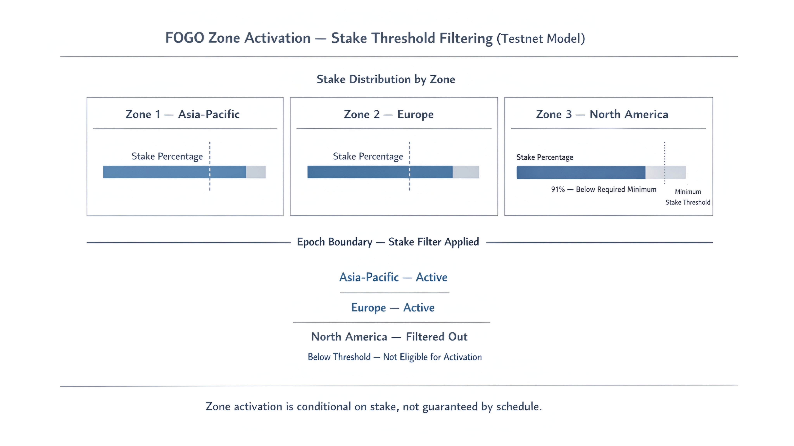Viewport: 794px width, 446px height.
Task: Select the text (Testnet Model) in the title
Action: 541,39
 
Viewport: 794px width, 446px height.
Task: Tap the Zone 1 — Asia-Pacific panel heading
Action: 182,114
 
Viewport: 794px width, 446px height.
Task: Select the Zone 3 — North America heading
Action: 602,114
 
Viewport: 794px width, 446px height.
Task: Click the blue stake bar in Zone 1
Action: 174,172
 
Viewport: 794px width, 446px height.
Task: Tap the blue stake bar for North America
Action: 581,173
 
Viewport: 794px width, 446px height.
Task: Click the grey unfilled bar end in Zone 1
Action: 256,172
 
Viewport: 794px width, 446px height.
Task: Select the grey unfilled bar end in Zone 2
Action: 466,172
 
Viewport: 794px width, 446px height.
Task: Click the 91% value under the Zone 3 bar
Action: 558,189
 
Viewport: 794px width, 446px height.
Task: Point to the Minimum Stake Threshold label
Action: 688,197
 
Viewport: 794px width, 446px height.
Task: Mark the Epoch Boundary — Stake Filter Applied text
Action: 388,242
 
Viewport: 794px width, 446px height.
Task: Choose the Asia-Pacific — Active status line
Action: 393,277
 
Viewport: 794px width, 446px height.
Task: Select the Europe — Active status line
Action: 393,308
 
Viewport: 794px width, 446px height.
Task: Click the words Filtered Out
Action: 437,337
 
